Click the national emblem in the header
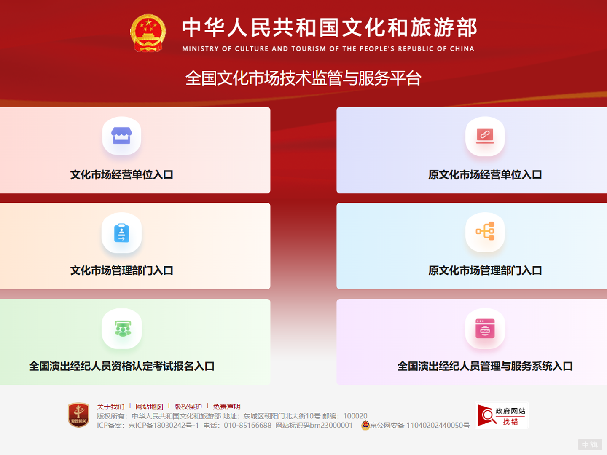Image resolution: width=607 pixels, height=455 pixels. tap(148, 33)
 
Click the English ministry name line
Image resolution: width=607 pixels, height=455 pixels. tap(328, 48)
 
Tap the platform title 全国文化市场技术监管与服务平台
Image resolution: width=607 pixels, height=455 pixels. tap(303, 78)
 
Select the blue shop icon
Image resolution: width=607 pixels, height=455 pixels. tap(121, 136)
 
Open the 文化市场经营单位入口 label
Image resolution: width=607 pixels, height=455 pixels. tap(121, 175)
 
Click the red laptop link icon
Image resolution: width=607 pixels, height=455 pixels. tap(485, 136)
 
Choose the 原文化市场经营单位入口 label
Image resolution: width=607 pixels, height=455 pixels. tap(485, 175)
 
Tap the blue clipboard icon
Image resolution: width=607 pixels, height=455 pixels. tap(121, 233)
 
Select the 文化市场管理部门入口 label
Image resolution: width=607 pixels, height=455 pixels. tap(121, 270)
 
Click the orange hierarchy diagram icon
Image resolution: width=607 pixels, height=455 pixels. tap(485, 232)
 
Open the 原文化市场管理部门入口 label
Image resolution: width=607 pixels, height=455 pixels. tap(485, 270)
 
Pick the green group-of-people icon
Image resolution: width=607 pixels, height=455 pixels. tap(122, 329)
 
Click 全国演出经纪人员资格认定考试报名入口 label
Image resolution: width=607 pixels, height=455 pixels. tap(121, 366)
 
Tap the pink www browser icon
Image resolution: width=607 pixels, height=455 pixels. tap(485, 329)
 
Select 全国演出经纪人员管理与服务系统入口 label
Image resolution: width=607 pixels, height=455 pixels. tap(485, 366)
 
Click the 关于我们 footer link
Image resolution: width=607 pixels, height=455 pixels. tap(110, 407)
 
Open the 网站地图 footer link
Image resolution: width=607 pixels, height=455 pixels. tap(149, 407)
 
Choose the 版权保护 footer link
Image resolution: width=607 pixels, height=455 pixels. tap(188, 407)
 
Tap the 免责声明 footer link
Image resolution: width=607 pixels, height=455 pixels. tap(227, 407)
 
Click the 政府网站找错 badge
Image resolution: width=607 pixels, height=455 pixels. tap(502, 415)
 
